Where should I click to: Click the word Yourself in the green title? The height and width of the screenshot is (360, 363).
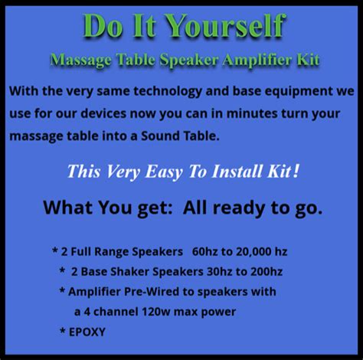tap(228, 27)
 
